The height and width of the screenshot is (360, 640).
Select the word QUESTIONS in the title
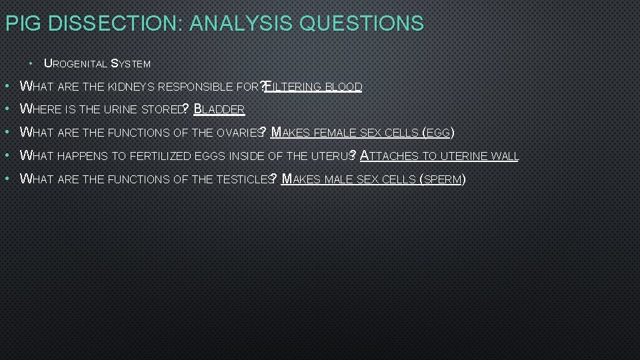(362, 24)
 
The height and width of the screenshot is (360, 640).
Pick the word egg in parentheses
(439, 133)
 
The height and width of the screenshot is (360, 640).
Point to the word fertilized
(159, 157)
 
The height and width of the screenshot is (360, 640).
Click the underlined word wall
(505, 157)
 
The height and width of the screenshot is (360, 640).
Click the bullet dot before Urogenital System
(32, 64)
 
